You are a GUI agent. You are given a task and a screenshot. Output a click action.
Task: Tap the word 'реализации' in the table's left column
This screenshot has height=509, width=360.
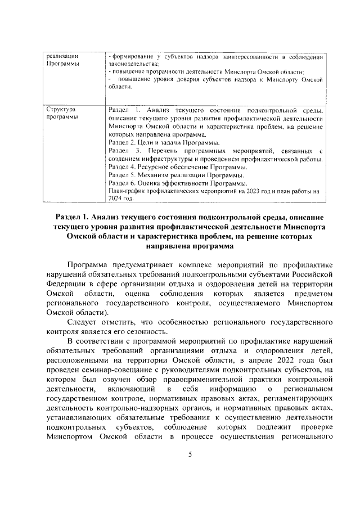pyautogui.click(x=62, y=57)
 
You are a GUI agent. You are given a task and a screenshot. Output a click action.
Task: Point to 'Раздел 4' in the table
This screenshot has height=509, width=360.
pyautogui.click(x=122, y=168)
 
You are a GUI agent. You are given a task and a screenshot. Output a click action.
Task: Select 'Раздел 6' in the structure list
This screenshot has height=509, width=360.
pyautogui.click(x=122, y=183)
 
